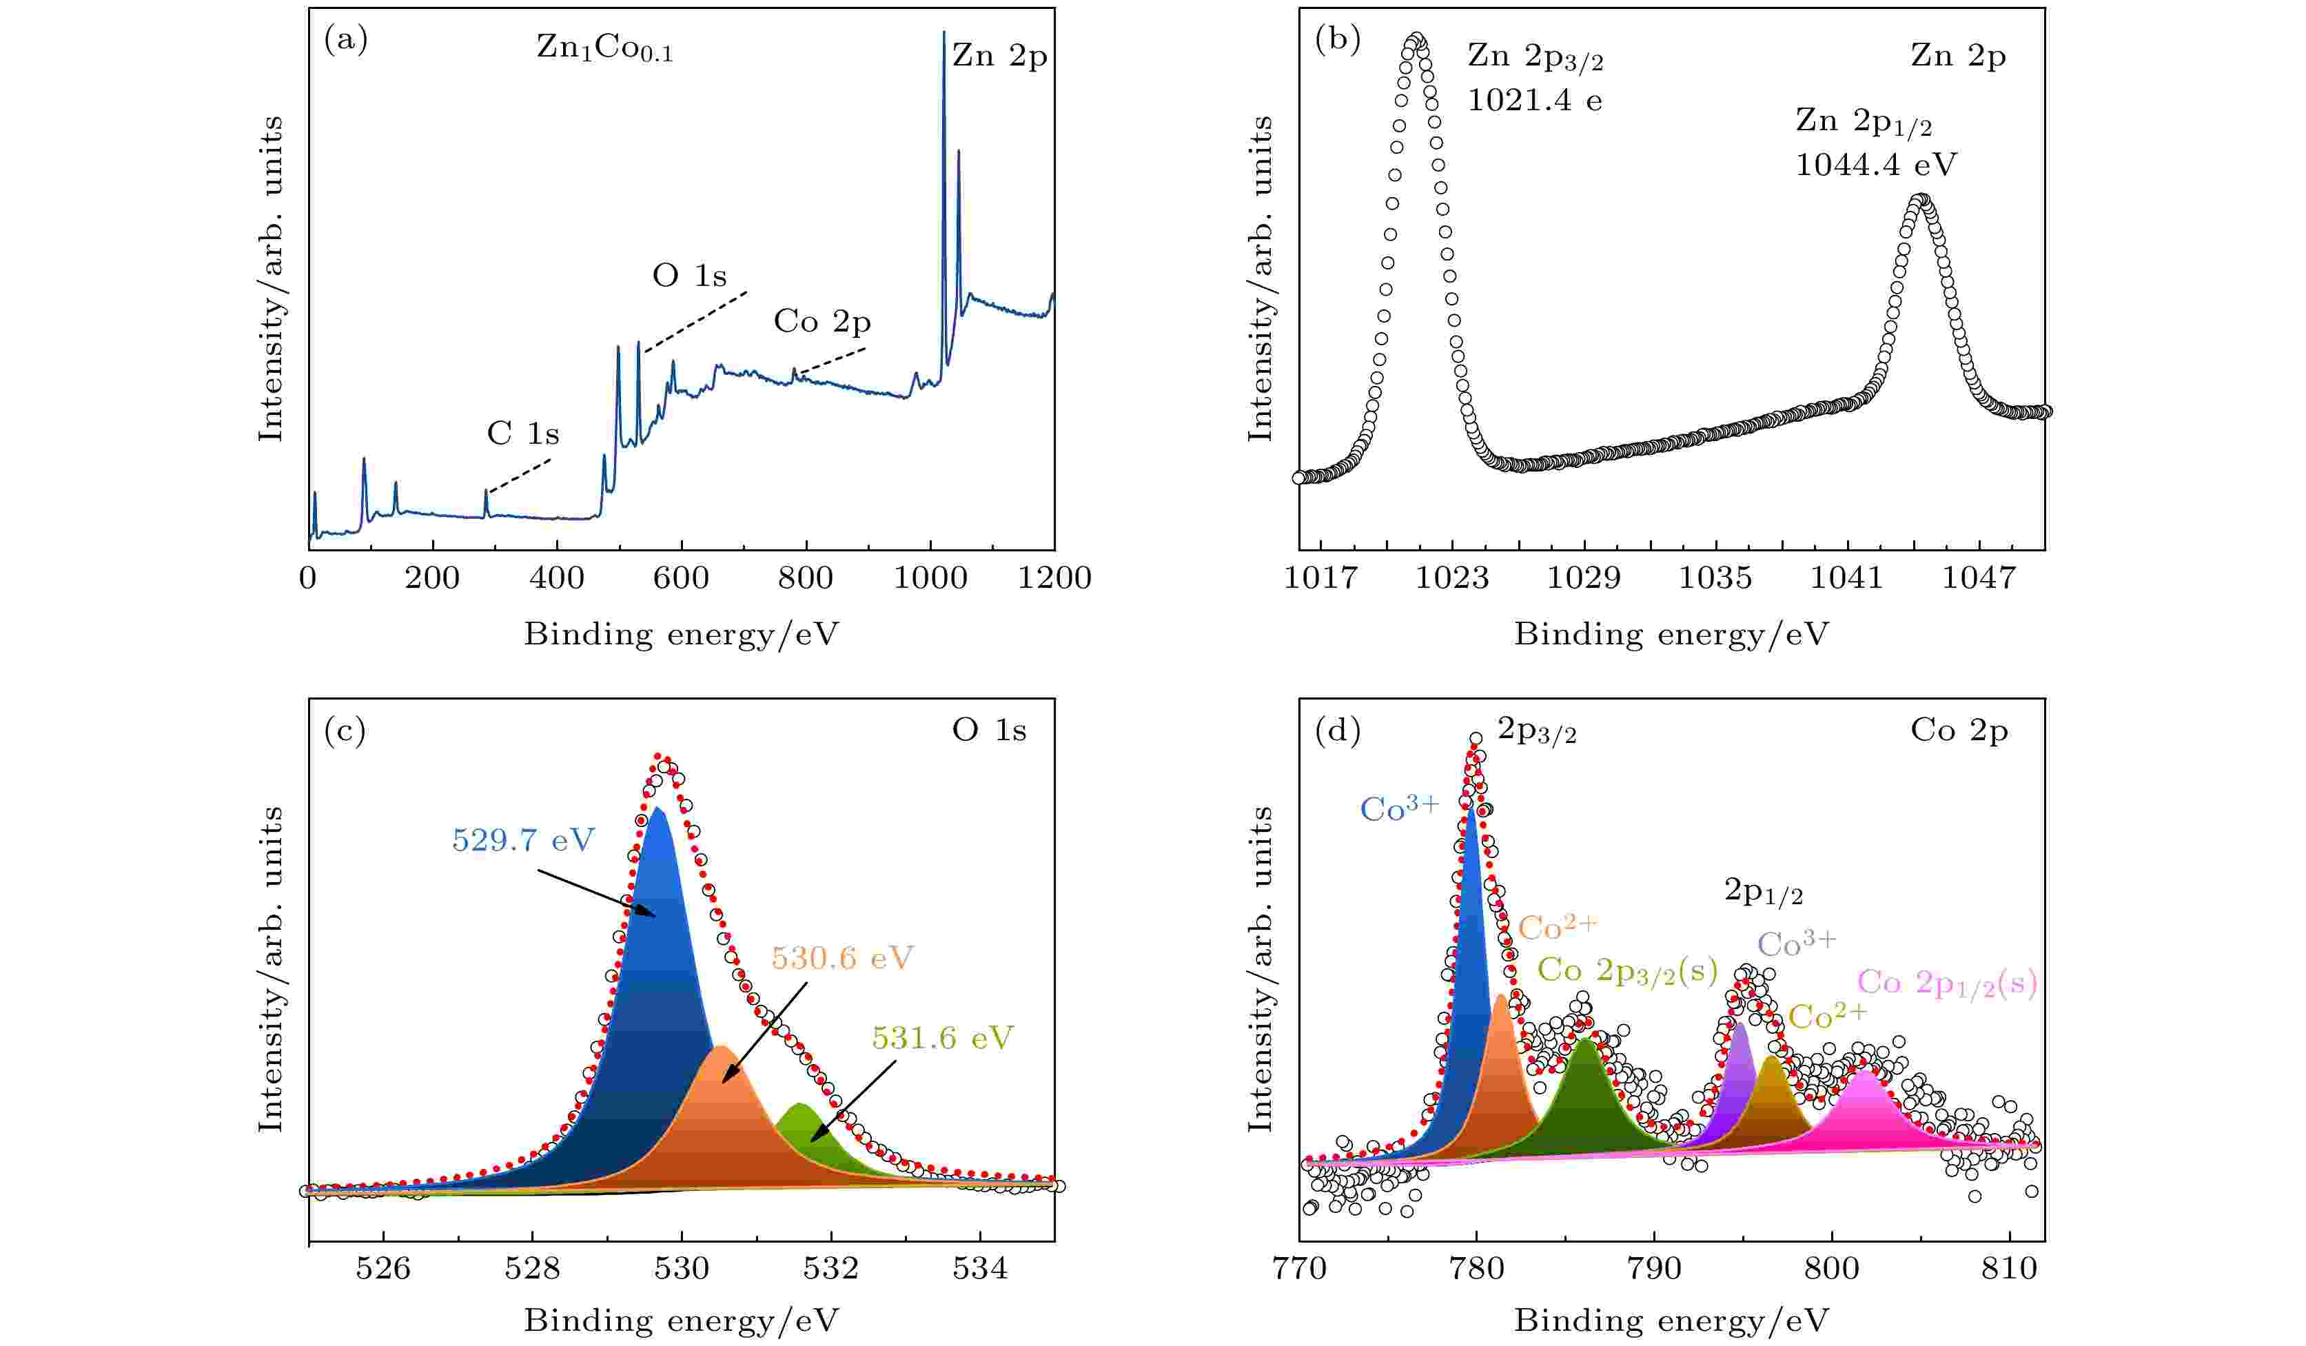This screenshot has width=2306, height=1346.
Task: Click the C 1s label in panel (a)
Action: point(522,434)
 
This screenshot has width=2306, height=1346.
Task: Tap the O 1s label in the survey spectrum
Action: point(689,276)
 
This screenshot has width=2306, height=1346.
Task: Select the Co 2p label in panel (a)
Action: point(822,321)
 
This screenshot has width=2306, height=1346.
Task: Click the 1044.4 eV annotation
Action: point(1875,165)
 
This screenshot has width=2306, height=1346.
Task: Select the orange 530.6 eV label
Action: point(842,958)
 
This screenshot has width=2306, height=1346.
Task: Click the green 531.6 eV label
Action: point(943,1038)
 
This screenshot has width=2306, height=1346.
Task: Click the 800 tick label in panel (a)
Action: point(805,578)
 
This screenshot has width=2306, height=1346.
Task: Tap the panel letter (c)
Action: point(345,731)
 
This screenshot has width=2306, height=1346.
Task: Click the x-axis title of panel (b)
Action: point(1671,634)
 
